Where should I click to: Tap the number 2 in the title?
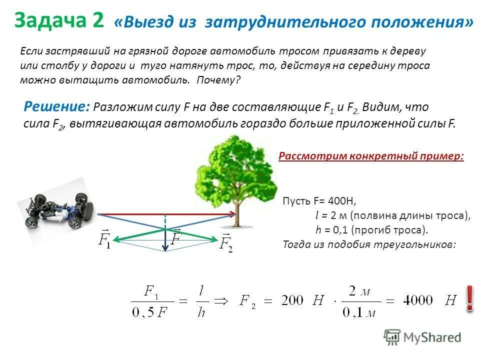[x=97, y=21]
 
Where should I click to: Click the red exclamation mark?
[x=469, y=298]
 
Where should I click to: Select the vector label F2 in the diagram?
[x=226, y=242]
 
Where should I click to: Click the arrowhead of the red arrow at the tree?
[x=233, y=214]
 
